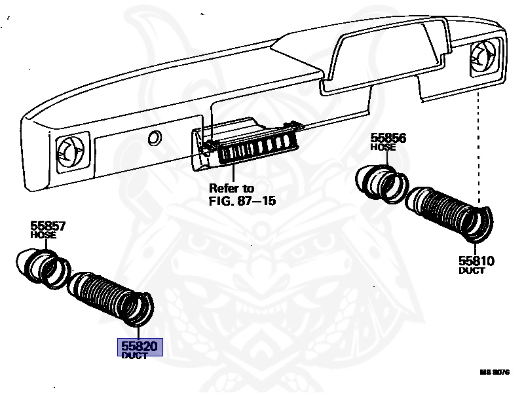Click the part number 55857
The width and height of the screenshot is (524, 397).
[x=48, y=227]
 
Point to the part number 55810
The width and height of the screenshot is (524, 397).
[x=476, y=261]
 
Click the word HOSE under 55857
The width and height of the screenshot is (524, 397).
[x=44, y=235]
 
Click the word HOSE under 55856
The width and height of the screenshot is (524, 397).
[x=383, y=147]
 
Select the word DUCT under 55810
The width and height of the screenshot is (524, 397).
[x=472, y=270]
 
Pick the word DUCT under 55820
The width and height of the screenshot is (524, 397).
[x=135, y=355]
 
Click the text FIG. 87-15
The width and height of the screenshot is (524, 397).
[x=242, y=200]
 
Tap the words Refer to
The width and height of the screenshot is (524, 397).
[x=231, y=189]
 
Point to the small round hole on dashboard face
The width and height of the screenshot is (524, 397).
[x=155, y=138]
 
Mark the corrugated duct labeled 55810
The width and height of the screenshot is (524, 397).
[x=449, y=210]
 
